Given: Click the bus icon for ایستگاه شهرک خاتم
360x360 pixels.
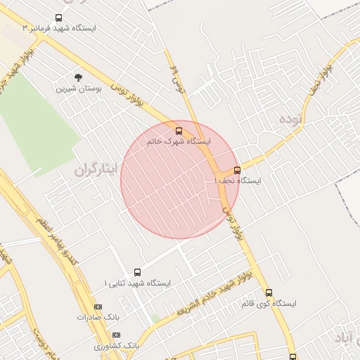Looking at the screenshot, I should (x=178, y=131).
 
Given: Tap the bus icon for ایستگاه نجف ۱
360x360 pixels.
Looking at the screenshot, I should (x=237, y=170).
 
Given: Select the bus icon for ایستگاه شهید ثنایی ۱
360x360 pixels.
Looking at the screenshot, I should (x=137, y=272).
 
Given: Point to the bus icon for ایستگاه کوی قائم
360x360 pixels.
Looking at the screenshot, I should (x=269, y=292).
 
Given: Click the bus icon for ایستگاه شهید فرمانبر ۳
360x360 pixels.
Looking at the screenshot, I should (x=58, y=18).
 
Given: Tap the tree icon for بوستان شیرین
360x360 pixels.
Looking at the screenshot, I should (x=78, y=77).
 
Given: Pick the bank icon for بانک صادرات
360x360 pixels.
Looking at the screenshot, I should (x=98, y=307).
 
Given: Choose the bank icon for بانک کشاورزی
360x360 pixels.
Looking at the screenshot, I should (x=117, y=335).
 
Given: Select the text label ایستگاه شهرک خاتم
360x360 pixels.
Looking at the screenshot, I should (x=178, y=141).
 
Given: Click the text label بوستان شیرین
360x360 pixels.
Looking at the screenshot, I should (x=78, y=89).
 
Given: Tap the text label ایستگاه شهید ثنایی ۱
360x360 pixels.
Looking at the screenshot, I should (x=137, y=283).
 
